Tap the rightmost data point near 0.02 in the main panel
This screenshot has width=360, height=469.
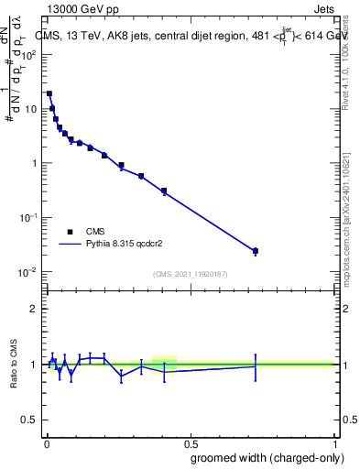coord(256,251)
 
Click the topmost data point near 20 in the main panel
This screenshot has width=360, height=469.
coord(49,93)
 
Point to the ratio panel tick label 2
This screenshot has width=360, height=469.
coord(35,309)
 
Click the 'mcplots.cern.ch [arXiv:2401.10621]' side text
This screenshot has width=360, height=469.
coord(346,211)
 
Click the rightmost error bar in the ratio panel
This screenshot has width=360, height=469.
coord(256,366)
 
